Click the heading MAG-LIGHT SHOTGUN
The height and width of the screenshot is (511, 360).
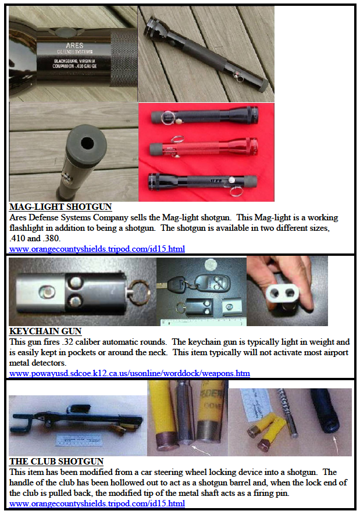pyautogui.click(x=60, y=206)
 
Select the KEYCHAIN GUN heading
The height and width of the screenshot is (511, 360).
pyautogui.click(x=45, y=331)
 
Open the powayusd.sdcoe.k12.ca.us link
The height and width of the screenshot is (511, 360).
pyautogui.click(x=130, y=373)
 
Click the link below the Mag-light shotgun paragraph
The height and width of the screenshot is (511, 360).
pyautogui.click(x=97, y=249)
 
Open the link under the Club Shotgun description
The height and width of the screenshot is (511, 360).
pyautogui.click(x=97, y=503)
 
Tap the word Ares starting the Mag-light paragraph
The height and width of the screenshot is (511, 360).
pyautogui.click(x=19, y=217)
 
